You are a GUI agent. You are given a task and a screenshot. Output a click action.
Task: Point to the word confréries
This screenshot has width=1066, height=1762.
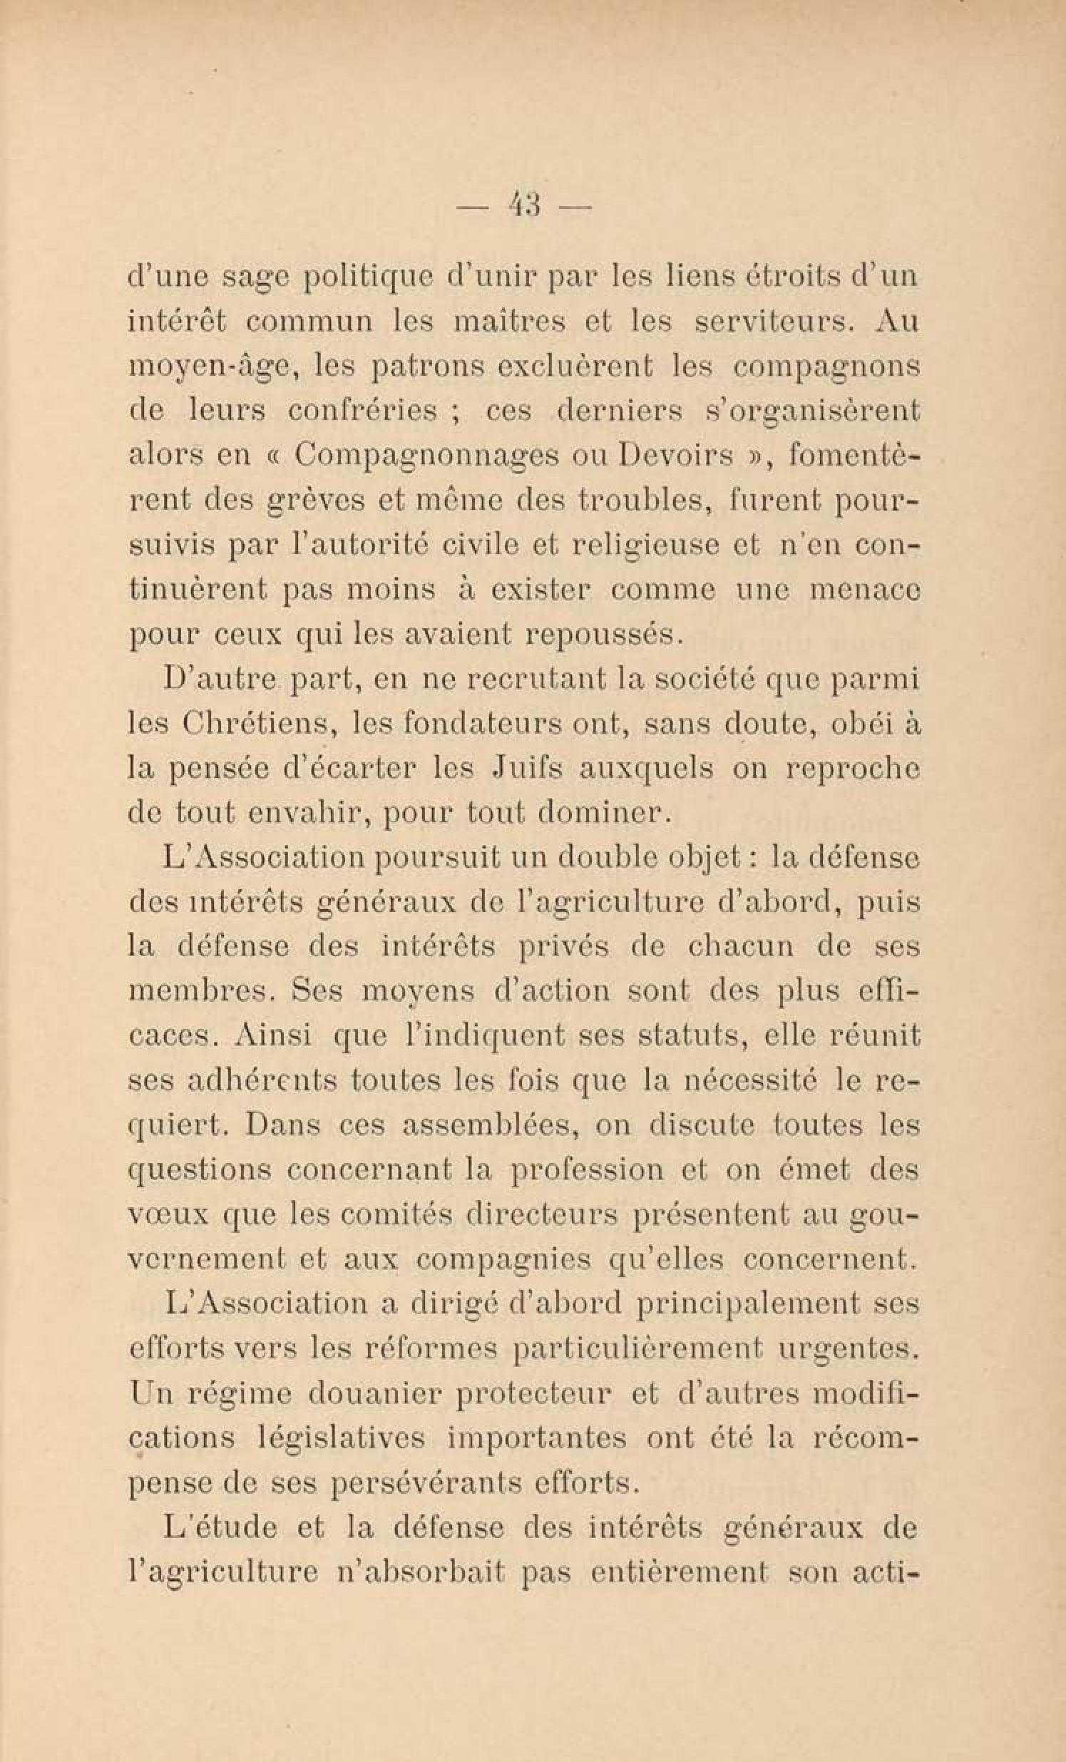pos(362,412)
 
